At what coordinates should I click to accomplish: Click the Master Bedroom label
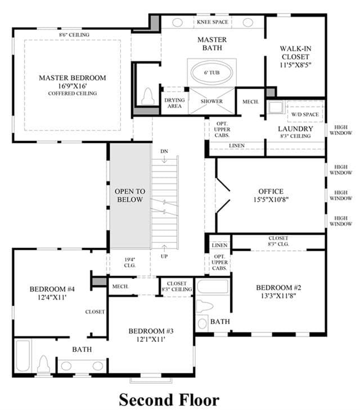click(73, 78)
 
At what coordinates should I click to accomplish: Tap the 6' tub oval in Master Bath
click(211, 73)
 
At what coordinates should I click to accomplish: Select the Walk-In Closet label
click(295, 52)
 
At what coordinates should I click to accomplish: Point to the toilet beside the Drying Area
click(148, 96)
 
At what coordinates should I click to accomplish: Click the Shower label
click(211, 101)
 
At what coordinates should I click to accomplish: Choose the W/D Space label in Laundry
click(305, 114)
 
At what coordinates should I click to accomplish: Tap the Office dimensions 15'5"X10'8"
click(271, 200)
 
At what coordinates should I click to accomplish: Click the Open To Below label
click(130, 195)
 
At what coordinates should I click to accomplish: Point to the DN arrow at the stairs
click(164, 159)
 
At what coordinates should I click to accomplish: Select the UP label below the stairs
click(164, 256)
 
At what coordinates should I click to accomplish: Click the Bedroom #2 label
click(278, 287)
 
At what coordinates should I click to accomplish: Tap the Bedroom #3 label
click(151, 331)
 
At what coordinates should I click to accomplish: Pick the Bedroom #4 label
click(52, 289)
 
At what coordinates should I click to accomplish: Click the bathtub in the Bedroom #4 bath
click(22, 355)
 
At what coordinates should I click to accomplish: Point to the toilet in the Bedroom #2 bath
click(204, 306)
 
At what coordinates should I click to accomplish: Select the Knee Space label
click(213, 22)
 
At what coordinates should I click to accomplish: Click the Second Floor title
click(169, 400)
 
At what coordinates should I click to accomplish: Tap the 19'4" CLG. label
click(130, 262)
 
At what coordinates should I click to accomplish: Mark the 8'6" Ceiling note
click(74, 34)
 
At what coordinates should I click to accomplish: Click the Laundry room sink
click(276, 107)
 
